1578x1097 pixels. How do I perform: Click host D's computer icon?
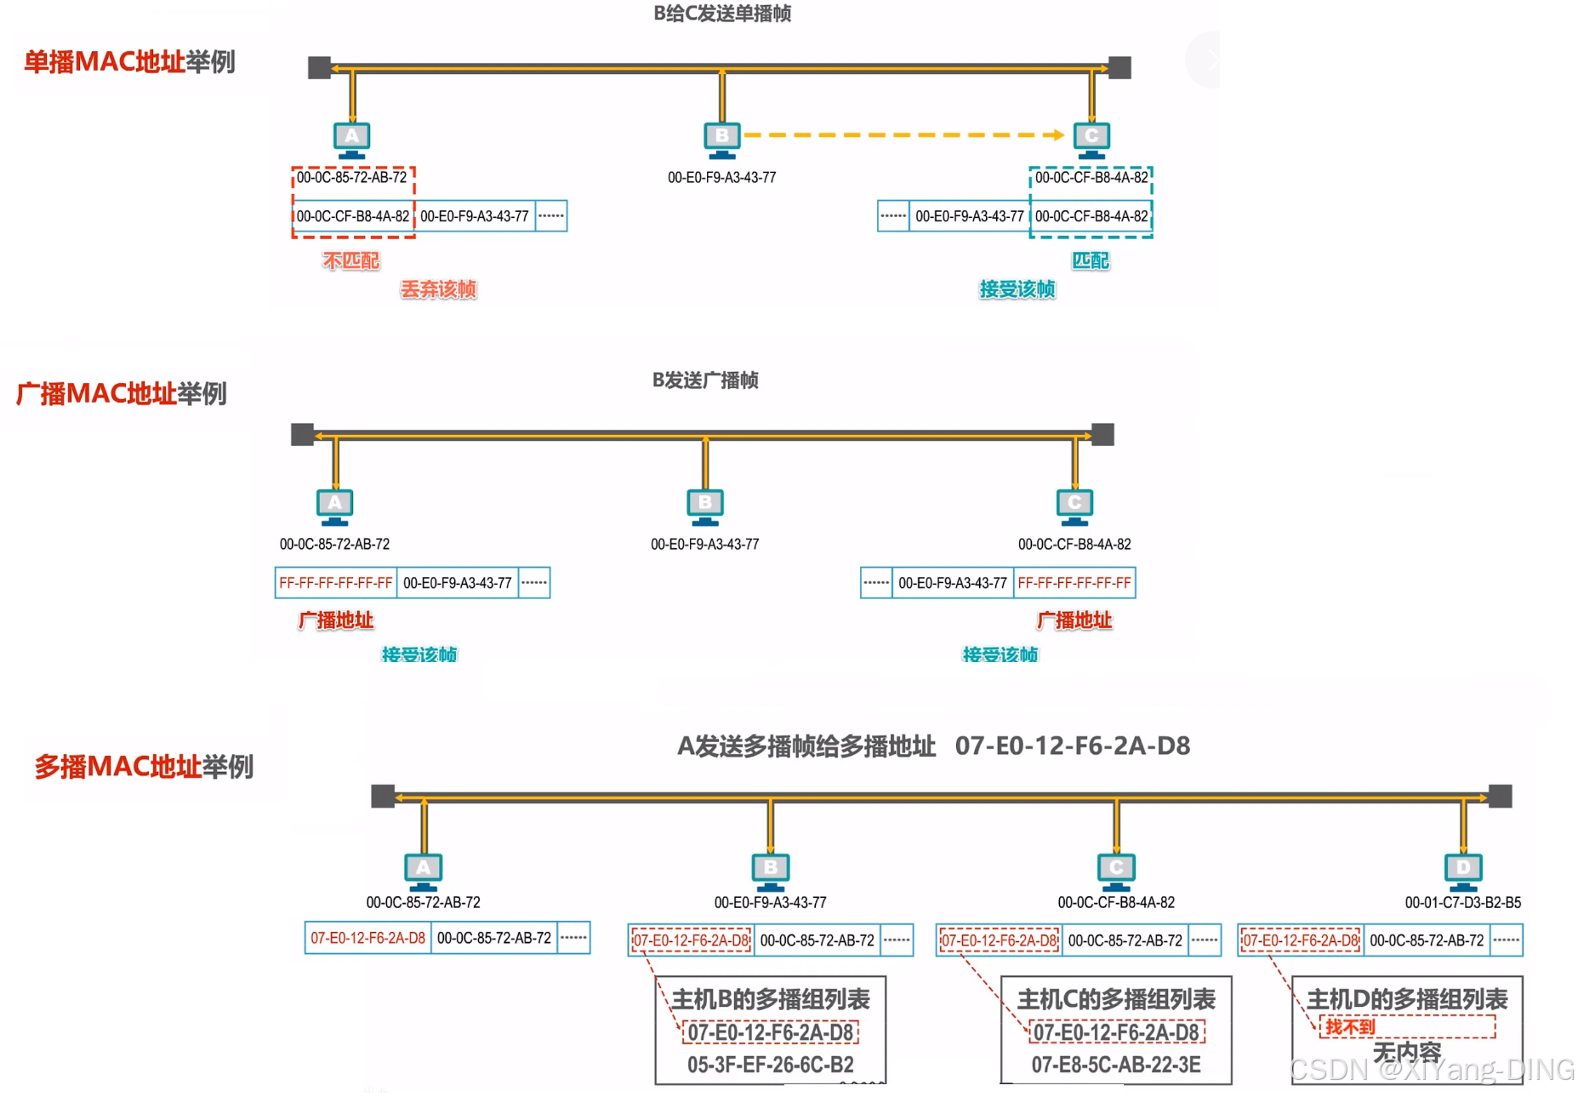1463,870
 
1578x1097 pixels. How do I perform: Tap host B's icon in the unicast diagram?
721,139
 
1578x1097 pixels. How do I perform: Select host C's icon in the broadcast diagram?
1074,506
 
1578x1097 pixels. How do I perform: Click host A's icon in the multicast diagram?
423,870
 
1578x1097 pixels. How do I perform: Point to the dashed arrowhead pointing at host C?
1057,134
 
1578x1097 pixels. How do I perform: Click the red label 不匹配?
350,260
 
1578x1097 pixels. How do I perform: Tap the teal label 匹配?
1091,260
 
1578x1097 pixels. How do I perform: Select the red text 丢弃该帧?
438,289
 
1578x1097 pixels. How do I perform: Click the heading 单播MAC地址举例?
129,62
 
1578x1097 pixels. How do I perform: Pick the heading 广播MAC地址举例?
122,394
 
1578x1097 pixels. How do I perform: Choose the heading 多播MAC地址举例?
144,767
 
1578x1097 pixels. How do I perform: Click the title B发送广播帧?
705,380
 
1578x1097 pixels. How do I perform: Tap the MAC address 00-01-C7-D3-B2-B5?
1462,902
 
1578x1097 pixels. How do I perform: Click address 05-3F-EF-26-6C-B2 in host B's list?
770,1065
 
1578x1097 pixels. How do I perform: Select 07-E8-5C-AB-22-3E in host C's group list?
1116,1065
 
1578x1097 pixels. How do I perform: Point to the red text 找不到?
1350,1027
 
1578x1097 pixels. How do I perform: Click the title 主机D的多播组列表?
1407,999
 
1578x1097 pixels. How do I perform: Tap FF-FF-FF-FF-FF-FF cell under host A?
335,583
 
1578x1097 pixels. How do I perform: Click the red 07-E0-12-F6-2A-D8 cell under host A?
367,938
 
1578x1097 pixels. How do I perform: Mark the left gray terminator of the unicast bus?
319,67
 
